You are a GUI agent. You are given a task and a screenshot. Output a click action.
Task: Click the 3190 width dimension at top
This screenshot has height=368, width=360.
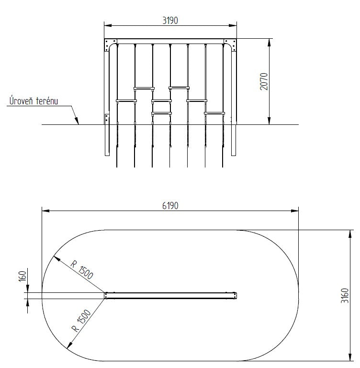coord(170,21)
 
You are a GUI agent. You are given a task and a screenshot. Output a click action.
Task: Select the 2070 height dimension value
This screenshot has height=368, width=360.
coord(264,81)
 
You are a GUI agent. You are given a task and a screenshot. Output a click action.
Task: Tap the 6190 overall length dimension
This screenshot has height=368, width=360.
coord(170,206)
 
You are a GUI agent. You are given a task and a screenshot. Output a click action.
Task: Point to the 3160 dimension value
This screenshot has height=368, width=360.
coord(345,296)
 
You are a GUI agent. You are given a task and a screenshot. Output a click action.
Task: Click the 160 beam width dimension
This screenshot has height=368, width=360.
coord(22,276)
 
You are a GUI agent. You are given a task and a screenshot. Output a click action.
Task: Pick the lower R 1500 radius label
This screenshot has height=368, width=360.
coord(81,321)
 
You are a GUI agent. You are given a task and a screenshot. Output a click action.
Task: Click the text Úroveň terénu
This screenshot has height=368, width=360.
coord(34,100)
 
